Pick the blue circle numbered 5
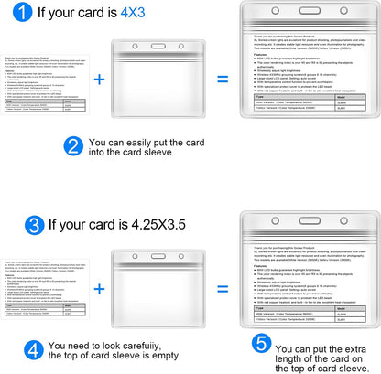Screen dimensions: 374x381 point(261,345)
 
